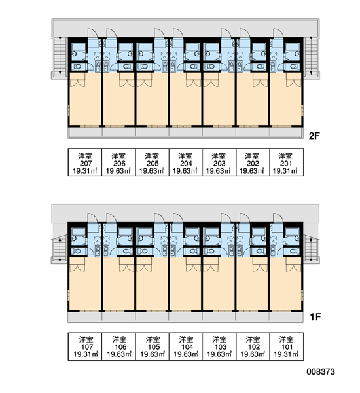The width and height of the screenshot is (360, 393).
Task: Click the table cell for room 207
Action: (x=85, y=162)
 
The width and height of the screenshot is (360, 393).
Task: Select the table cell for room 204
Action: (x=186, y=162)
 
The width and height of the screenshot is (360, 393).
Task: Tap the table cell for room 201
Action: (x=286, y=162)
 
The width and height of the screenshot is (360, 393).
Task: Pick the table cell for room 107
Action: (x=85, y=346)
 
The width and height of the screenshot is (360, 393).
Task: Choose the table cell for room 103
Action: (x=219, y=346)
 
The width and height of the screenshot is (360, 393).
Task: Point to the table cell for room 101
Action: (x=286, y=346)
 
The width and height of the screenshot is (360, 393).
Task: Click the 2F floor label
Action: (x=314, y=136)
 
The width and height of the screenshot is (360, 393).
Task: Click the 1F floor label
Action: (x=315, y=317)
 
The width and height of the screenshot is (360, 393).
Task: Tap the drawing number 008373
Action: (x=321, y=371)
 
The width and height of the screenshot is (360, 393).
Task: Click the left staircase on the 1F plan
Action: (x=60, y=248)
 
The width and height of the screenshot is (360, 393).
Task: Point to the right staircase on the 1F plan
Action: (x=311, y=248)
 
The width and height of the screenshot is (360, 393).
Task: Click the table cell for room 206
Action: (x=118, y=162)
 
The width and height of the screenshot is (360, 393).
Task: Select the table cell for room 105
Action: (x=153, y=346)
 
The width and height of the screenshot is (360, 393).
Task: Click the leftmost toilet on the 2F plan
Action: (x=78, y=67)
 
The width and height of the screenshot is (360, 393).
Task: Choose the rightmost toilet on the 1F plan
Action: (x=293, y=251)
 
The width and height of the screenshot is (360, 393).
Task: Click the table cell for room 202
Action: (x=253, y=162)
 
